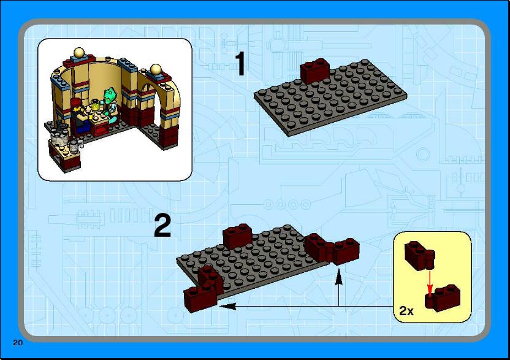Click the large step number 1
tap(240, 64)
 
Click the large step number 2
tap(162, 226)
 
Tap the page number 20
tap(18, 342)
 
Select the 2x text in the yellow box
tap(406, 311)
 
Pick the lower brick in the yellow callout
tap(443, 297)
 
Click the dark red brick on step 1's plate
tap(314, 71)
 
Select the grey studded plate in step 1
tap(330, 98)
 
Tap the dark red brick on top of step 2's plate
tap(237, 237)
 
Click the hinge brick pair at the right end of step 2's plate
tap(332, 248)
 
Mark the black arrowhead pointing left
tap(227, 306)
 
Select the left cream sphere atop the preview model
tap(79, 53)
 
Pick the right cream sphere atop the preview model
tap(156, 70)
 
